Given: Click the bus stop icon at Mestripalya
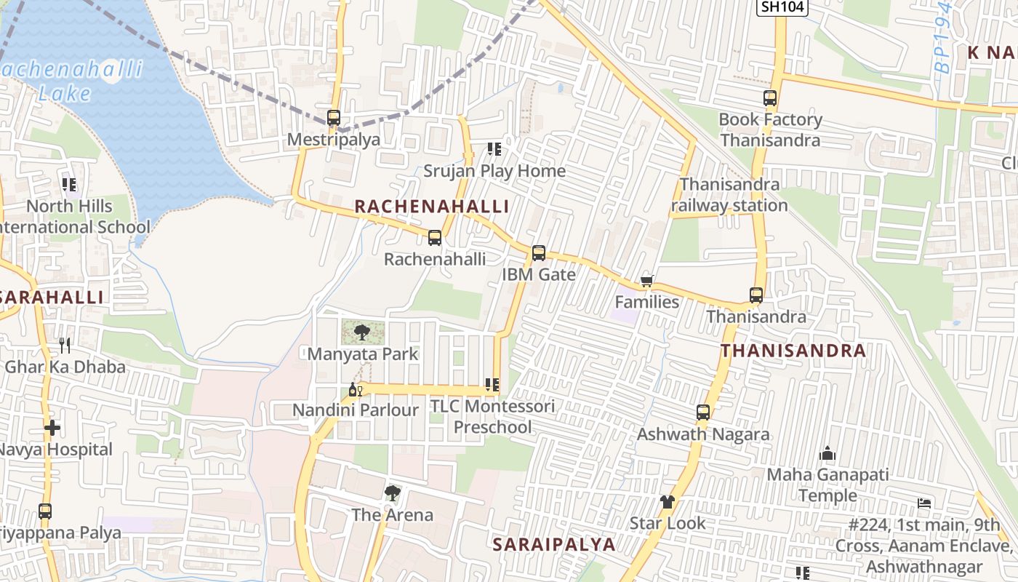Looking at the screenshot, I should (x=334, y=117).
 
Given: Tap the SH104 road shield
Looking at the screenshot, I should (x=781, y=7).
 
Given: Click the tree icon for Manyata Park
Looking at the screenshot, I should (x=361, y=332).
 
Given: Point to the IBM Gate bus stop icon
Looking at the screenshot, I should (x=539, y=253).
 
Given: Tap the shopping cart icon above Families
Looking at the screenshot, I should (x=646, y=281).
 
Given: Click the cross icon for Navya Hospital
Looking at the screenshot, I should (x=52, y=428).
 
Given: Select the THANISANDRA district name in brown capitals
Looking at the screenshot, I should (x=793, y=351).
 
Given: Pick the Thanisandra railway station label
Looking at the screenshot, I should (x=729, y=195).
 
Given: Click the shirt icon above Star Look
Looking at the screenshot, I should (x=668, y=501).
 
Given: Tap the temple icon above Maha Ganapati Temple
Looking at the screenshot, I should (x=827, y=454).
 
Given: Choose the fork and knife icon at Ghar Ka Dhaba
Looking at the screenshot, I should (x=65, y=345).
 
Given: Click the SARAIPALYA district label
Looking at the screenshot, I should (x=554, y=544).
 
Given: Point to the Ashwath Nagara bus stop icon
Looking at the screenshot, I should (x=703, y=412).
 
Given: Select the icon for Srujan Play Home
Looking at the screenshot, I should (x=494, y=149).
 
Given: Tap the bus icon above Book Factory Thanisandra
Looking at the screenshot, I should (x=770, y=98).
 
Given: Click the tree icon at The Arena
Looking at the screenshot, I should (x=393, y=493).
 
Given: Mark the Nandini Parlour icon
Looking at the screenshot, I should (x=356, y=389).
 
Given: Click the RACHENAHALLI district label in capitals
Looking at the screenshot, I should (x=432, y=207).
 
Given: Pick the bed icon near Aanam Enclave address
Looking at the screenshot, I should (x=924, y=503).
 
